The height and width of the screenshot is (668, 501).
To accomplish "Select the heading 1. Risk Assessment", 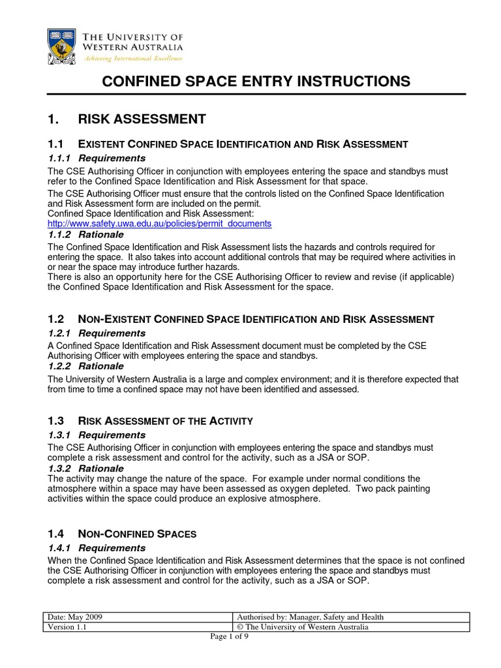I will [127, 119].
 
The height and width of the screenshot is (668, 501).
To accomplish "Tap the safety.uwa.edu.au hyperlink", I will [160, 223].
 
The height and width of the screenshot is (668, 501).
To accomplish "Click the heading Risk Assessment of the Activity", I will [165, 421].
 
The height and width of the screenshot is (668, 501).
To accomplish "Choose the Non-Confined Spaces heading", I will [137, 534].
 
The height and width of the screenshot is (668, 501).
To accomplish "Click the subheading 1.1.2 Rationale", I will [85, 234].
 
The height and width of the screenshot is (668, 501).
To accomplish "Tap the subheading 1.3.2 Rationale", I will [85, 468].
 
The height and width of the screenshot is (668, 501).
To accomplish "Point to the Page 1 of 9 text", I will [229, 637].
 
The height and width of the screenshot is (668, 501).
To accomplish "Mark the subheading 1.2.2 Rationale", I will [85, 367].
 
